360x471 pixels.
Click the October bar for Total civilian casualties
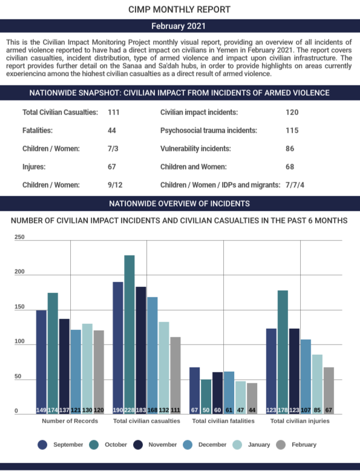click(x=129, y=335)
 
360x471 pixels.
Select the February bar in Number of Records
click(x=99, y=372)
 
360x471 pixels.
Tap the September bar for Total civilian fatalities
click(x=195, y=390)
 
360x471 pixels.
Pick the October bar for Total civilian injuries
click(x=283, y=352)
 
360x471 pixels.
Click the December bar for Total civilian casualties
click(x=152, y=355)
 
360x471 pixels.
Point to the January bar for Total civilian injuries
click(x=317, y=384)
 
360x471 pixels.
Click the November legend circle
click(x=138, y=445)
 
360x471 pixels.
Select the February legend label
click(x=304, y=444)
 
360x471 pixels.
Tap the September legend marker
click(x=42, y=445)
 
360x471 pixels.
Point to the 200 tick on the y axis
click(x=19, y=272)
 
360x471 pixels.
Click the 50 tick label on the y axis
click(x=18, y=377)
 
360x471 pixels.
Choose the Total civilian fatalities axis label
click(x=223, y=421)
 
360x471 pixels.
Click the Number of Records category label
click(x=70, y=421)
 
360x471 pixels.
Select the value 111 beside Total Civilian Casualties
click(x=114, y=113)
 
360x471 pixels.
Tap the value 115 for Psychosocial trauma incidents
click(x=292, y=130)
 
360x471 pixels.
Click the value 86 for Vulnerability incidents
click(x=290, y=148)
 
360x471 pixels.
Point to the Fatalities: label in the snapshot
click(x=38, y=130)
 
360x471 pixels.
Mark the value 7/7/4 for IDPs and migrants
click(x=295, y=185)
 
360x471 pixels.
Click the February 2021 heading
click(x=178, y=26)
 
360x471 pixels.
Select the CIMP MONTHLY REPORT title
click(x=179, y=10)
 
